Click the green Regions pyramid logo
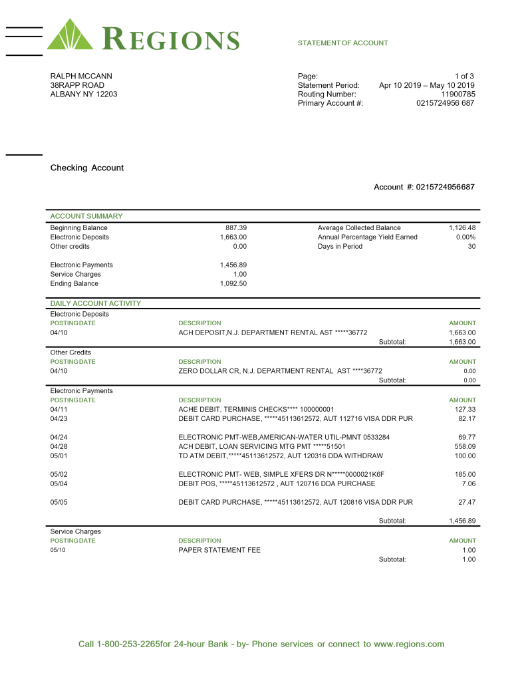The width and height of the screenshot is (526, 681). [70, 35]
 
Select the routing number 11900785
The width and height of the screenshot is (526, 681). [458, 94]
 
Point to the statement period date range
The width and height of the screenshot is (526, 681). [426, 85]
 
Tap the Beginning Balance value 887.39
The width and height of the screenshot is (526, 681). [236, 228]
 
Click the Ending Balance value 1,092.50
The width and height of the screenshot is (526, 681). [233, 284]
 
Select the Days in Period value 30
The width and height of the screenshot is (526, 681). [471, 247]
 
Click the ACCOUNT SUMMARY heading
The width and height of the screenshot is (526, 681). [86, 216]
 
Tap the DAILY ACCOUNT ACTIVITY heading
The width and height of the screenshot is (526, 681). [95, 304]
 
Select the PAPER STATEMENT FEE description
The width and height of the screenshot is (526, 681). [219, 550]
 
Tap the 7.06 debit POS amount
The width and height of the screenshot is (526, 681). [469, 483]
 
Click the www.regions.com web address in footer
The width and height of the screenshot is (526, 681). [408, 644]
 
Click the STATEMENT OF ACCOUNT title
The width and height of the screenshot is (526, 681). [342, 43]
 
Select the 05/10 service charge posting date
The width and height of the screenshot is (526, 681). [59, 550]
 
